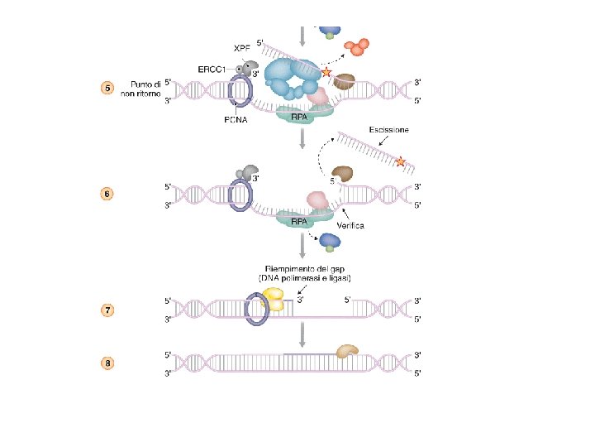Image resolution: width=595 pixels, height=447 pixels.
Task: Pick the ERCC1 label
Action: pyautogui.click(x=214, y=69)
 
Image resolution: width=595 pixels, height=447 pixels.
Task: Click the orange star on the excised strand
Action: pyautogui.click(x=402, y=161)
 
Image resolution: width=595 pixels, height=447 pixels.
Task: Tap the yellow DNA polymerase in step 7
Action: pyautogui.click(x=273, y=300)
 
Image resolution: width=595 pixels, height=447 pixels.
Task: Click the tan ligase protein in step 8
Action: pyautogui.click(x=347, y=353)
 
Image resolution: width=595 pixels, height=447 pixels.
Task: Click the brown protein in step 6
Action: pyautogui.click(x=343, y=175)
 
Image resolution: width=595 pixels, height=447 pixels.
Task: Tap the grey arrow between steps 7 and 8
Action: pyautogui.click(x=303, y=334)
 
